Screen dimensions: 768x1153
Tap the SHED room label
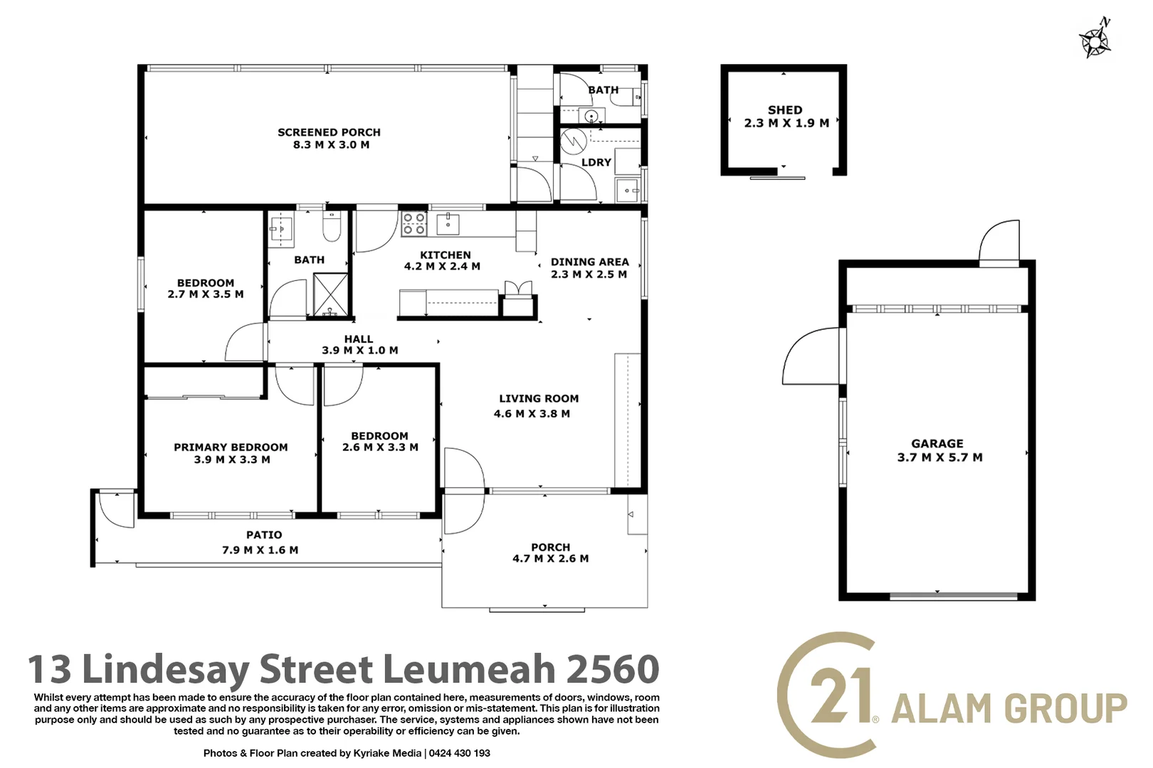tap(785, 110)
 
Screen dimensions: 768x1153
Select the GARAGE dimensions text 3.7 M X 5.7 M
tap(939, 457)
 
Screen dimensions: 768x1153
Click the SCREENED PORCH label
tap(329, 132)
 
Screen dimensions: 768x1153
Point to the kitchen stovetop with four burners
tap(414, 223)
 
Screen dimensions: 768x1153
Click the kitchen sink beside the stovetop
tap(448, 223)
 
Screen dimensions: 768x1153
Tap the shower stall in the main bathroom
tap(331, 294)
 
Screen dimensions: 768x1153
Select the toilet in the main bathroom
tap(332, 226)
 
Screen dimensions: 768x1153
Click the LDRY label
tap(596, 162)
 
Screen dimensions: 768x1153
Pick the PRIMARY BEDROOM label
tap(231, 447)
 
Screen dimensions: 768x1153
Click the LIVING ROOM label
tap(539, 399)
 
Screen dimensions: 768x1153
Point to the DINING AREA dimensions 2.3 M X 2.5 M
tap(589, 274)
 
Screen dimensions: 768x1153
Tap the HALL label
tap(359, 339)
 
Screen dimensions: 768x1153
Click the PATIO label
tap(264, 535)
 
